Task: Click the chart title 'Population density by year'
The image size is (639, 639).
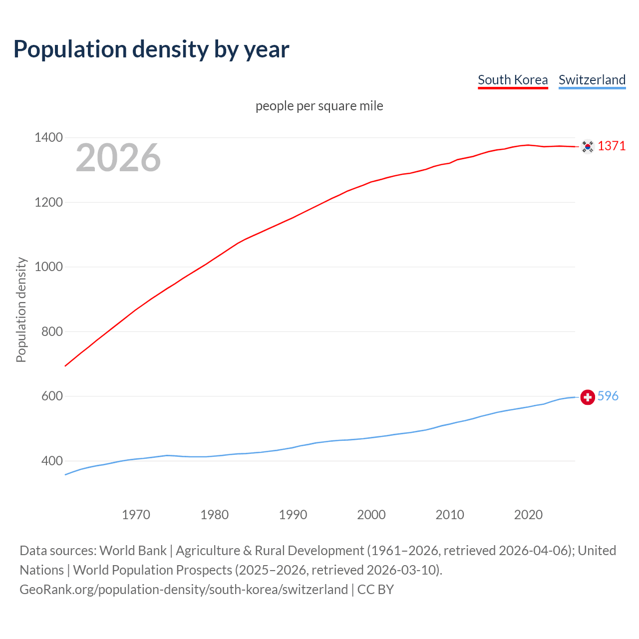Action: [151, 49]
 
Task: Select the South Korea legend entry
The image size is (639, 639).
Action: [513, 80]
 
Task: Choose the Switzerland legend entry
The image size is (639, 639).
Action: [592, 80]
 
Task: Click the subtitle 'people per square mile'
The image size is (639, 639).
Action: [319, 106]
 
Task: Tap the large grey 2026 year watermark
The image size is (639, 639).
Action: [118, 158]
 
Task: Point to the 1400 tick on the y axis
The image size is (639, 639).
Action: [48, 137]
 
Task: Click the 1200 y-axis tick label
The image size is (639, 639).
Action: [48, 202]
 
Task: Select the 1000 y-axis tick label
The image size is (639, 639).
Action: [48, 267]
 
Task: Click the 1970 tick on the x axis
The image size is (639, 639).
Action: [136, 515]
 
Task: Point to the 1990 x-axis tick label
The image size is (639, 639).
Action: [293, 515]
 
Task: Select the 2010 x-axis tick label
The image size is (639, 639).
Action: [450, 515]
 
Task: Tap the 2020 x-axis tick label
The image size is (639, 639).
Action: [528, 515]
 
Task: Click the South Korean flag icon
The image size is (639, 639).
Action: [588, 146]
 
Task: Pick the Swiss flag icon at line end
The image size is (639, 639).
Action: [588, 397]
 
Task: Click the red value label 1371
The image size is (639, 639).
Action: [612, 146]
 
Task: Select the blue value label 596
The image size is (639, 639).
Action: [608, 396]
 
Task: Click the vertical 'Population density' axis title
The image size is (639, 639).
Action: [21, 310]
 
